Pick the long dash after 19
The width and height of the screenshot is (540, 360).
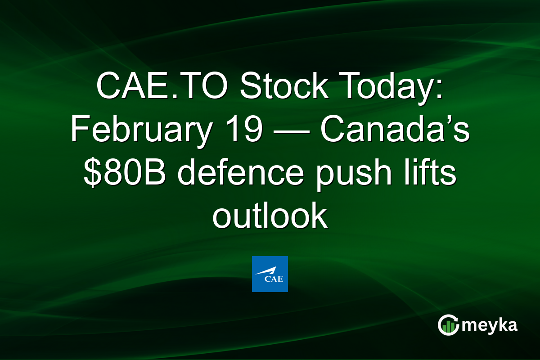(288, 130)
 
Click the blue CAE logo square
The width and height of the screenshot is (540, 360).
(270, 274)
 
